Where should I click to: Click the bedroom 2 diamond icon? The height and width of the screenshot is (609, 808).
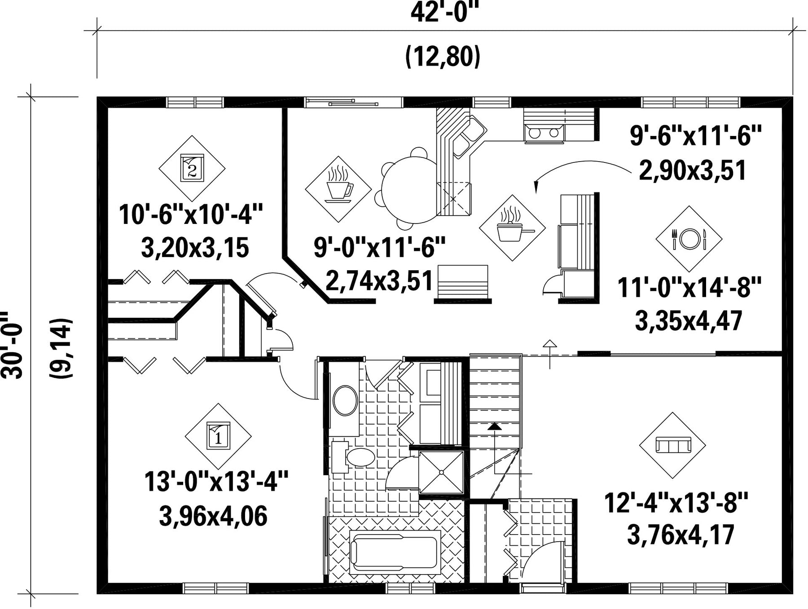192,168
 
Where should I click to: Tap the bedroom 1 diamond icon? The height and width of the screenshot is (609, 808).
218,436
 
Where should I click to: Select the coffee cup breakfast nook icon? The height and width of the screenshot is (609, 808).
338,189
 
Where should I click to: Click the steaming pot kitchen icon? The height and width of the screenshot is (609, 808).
512,228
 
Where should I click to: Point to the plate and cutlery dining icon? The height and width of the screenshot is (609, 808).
689,239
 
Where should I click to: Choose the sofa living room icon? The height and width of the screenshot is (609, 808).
672,445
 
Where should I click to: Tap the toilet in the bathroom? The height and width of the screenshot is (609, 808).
354,457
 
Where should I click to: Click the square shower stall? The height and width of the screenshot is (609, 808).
441,473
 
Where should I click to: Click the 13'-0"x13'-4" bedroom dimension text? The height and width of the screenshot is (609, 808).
216,482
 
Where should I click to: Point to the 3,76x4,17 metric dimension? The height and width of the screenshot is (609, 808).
681,535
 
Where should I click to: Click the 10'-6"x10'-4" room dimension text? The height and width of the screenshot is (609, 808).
191,215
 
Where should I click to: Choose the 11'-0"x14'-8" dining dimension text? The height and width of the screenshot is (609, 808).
689,288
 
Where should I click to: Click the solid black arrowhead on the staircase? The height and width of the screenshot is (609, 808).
495,426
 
